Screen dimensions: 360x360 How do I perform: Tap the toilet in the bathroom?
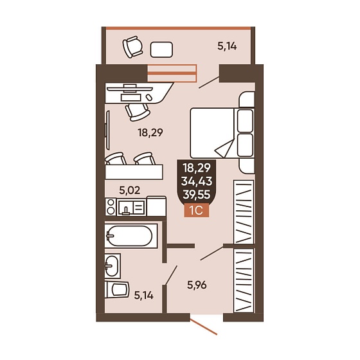(x=117, y=289)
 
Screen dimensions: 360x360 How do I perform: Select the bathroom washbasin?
(x=113, y=266)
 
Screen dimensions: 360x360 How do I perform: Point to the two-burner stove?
(x=111, y=207)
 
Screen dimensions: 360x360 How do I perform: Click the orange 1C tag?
(x=197, y=210)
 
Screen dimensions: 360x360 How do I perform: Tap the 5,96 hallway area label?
(x=197, y=285)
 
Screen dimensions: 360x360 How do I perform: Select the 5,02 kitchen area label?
(x=129, y=190)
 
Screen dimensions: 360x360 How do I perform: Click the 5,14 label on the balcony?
(x=227, y=46)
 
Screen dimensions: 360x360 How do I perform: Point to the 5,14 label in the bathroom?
(x=144, y=295)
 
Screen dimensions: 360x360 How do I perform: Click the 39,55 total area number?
(x=197, y=195)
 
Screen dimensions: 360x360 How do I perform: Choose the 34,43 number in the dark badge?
(x=197, y=181)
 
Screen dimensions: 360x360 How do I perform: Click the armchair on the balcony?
(x=132, y=47)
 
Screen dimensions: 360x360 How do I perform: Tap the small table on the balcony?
(x=161, y=50)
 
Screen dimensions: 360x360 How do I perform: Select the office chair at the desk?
(x=138, y=112)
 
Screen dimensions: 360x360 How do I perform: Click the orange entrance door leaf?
(x=204, y=327)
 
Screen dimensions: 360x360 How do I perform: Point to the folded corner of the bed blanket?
(x=224, y=148)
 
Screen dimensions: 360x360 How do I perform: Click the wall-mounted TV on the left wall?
(x=107, y=130)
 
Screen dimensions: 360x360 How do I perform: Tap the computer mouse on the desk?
(x=149, y=97)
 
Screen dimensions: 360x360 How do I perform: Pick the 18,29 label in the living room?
(x=150, y=132)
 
